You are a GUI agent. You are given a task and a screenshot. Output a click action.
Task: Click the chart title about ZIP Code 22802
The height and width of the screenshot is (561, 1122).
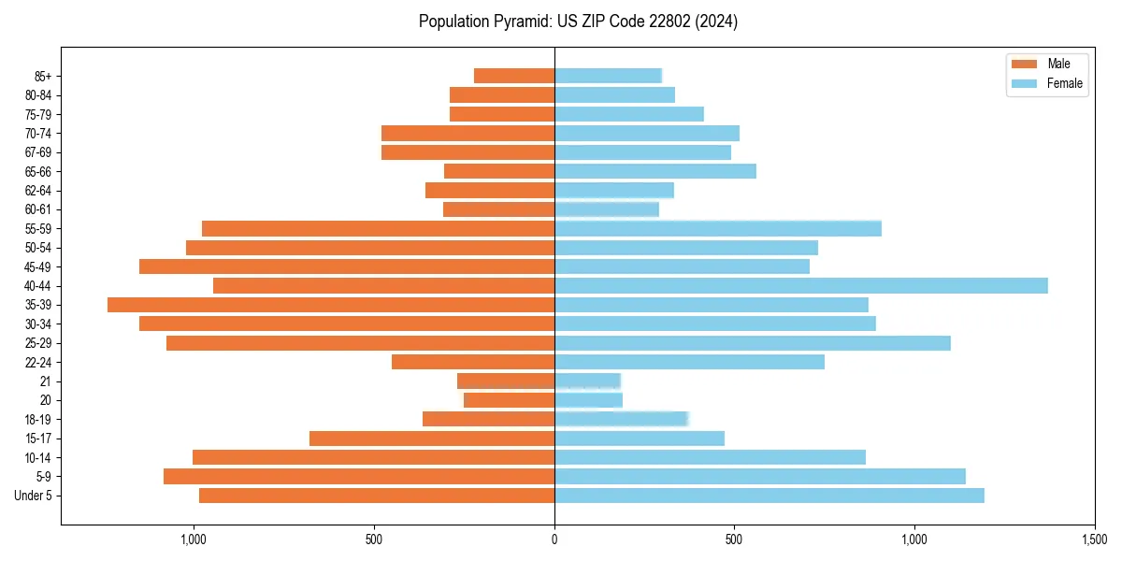point(578,22)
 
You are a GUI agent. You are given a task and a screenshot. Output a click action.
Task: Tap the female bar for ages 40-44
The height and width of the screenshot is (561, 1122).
point(800,286)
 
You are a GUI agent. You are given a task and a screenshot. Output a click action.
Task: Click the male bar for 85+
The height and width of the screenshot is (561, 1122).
point(514,76)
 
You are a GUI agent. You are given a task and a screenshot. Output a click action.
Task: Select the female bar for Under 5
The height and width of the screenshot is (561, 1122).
point(769,496)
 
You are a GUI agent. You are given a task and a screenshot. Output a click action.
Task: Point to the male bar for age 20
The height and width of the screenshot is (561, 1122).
point(509,400)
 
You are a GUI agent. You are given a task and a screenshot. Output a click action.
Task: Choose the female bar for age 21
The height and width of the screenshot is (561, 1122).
point(587,381)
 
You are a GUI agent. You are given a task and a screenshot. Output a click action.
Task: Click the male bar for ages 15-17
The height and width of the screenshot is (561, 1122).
point(432,439)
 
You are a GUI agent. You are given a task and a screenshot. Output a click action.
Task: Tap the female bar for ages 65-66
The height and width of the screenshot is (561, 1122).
point(654,171)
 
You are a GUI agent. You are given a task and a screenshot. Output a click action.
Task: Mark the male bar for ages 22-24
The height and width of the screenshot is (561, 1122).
point(473,362)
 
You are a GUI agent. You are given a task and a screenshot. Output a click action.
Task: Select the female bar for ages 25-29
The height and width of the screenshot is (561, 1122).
point(752,343)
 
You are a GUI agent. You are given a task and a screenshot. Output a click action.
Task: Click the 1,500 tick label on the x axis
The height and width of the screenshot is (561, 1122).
point(1094,539)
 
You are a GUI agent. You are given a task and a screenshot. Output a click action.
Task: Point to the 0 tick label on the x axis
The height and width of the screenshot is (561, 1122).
point(554,539)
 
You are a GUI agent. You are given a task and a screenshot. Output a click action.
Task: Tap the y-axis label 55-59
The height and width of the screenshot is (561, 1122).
point(38,229)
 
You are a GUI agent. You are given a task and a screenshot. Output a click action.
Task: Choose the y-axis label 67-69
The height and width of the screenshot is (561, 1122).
point(38,152)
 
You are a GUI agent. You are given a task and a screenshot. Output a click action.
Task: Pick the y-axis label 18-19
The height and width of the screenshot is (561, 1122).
point(38,420)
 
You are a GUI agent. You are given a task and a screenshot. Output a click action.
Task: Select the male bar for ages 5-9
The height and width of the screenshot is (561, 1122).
point(359,477)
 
